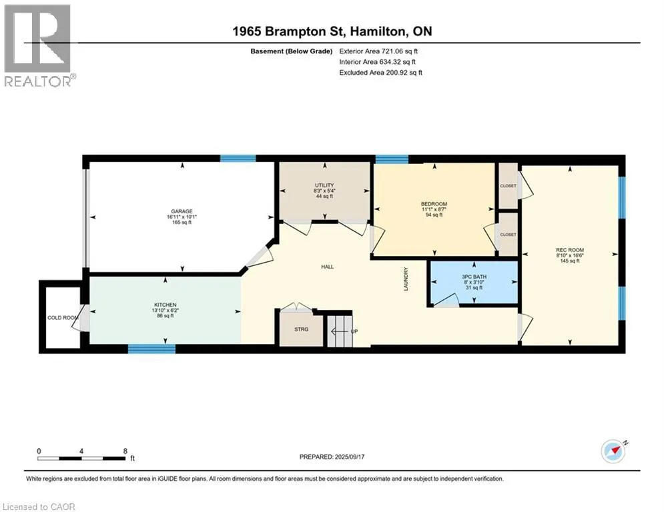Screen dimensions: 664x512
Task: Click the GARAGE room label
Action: point(182,211)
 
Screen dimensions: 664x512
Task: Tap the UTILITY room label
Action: point(324,185)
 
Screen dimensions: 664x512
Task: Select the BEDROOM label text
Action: point(434,204)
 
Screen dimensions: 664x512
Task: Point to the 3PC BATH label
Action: point(474,277)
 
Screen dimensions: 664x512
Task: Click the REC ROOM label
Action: point(570,250)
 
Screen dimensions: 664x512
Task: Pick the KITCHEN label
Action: point(165,305)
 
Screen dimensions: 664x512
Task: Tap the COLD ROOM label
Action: point(63,318)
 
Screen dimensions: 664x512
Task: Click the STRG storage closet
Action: point(301,329)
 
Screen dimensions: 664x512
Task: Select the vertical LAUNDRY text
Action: point(406,279)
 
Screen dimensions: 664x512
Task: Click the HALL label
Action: point(328,267)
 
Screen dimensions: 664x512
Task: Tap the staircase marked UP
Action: point(340,331)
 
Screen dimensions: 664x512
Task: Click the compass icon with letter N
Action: point(613,451)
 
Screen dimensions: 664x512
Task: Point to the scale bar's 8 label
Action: point(125,451)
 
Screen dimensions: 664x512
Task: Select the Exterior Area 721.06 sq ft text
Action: point(378,51)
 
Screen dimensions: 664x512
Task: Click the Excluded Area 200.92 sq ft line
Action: point(380,73)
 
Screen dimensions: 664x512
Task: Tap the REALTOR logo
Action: point(37,45)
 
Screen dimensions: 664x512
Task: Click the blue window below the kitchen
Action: point(151,349)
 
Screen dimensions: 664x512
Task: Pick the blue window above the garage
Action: point(238,159)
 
